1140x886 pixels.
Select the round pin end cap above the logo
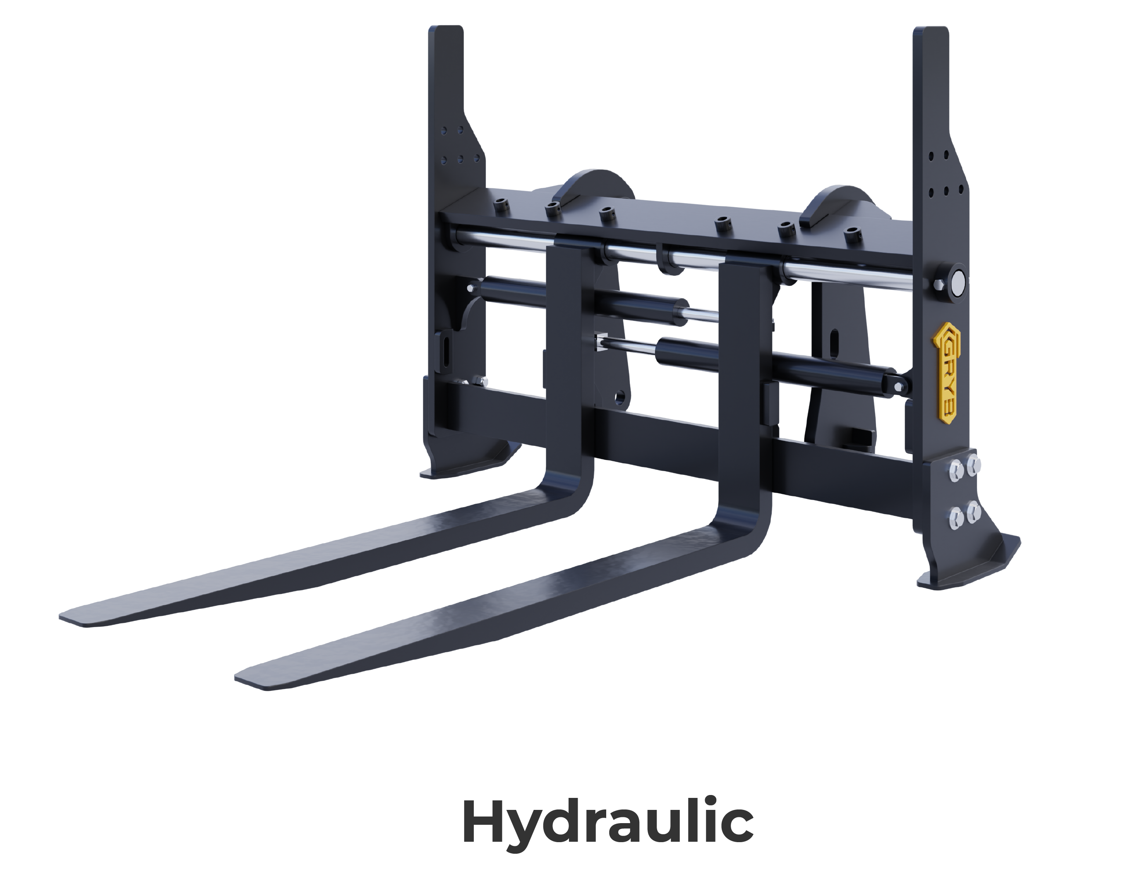(x=953, y=283)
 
